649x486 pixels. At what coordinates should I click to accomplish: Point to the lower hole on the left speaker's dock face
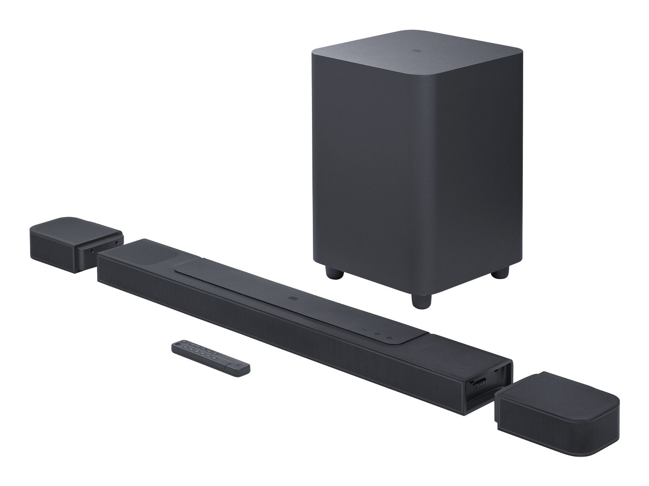click(91, 250)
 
